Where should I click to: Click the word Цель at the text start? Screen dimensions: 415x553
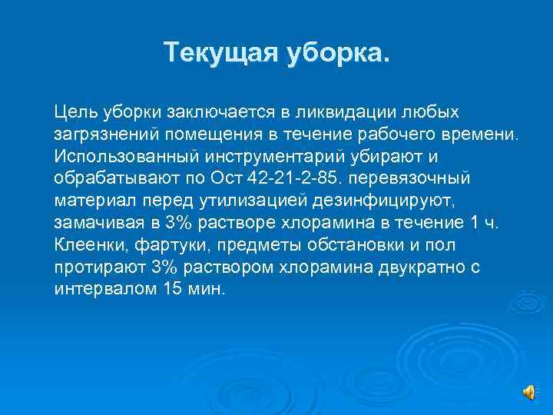74,112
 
